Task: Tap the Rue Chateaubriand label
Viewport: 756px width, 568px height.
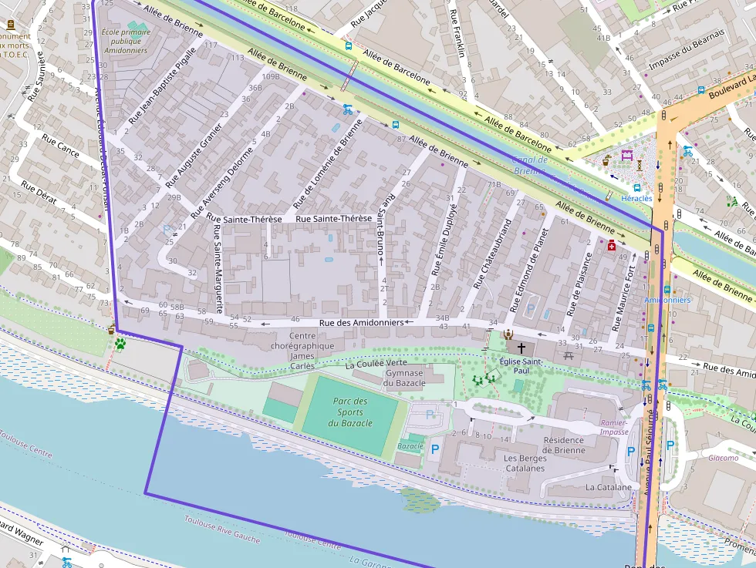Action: coord(492,254)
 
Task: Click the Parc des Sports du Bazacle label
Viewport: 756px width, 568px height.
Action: coord(349,412)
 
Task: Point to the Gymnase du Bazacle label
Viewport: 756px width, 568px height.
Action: coord(404,378)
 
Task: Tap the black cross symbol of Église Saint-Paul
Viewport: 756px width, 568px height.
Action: coord(521,348)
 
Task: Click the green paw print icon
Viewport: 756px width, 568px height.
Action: coord(120,344)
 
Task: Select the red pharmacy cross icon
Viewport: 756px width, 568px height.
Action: coord(612,245)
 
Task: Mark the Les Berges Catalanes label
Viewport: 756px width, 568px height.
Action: coord(525,463)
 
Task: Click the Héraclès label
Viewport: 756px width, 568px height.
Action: coord(636,198)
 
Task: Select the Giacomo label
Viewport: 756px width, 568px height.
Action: coord(723,458)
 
